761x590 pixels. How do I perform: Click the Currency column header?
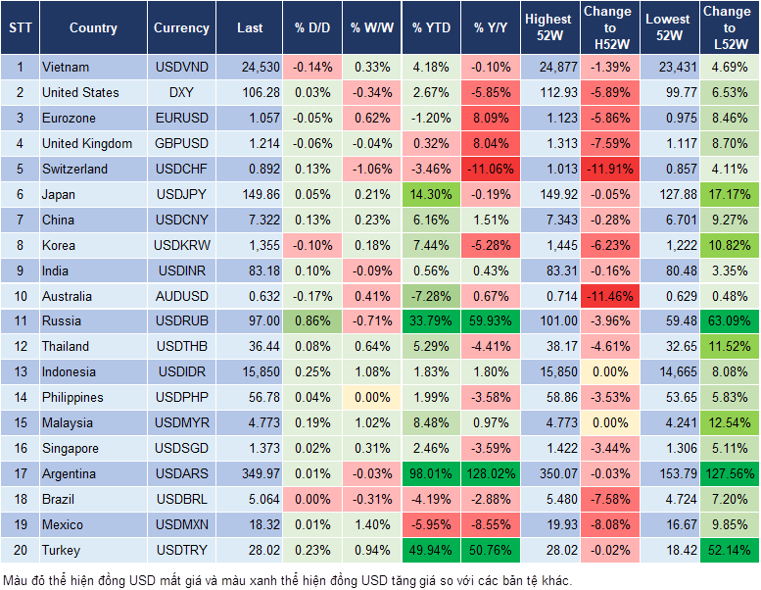click(x=181, y=28)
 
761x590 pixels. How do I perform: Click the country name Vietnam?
click(x=66, y=67)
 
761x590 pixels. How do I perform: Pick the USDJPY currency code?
click(x=181, y=194)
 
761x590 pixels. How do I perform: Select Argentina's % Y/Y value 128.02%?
click(x=492, y=473)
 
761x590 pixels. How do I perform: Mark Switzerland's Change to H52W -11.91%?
click(x=608, y=169)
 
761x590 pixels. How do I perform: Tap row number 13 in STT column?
click(x=19, y=371)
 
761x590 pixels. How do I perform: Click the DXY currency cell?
click(x=181, y=92)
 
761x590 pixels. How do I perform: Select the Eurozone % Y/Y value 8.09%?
click(x=492, y=118)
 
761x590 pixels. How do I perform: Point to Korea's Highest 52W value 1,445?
click(x=548, y=245)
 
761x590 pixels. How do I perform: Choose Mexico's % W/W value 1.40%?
click(x=370, y=524)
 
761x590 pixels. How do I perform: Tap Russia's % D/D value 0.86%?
click(x=311, y=320)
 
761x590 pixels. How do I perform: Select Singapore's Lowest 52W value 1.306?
click(x=669, y=448)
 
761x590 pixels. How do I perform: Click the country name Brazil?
click(x=62, y=499)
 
